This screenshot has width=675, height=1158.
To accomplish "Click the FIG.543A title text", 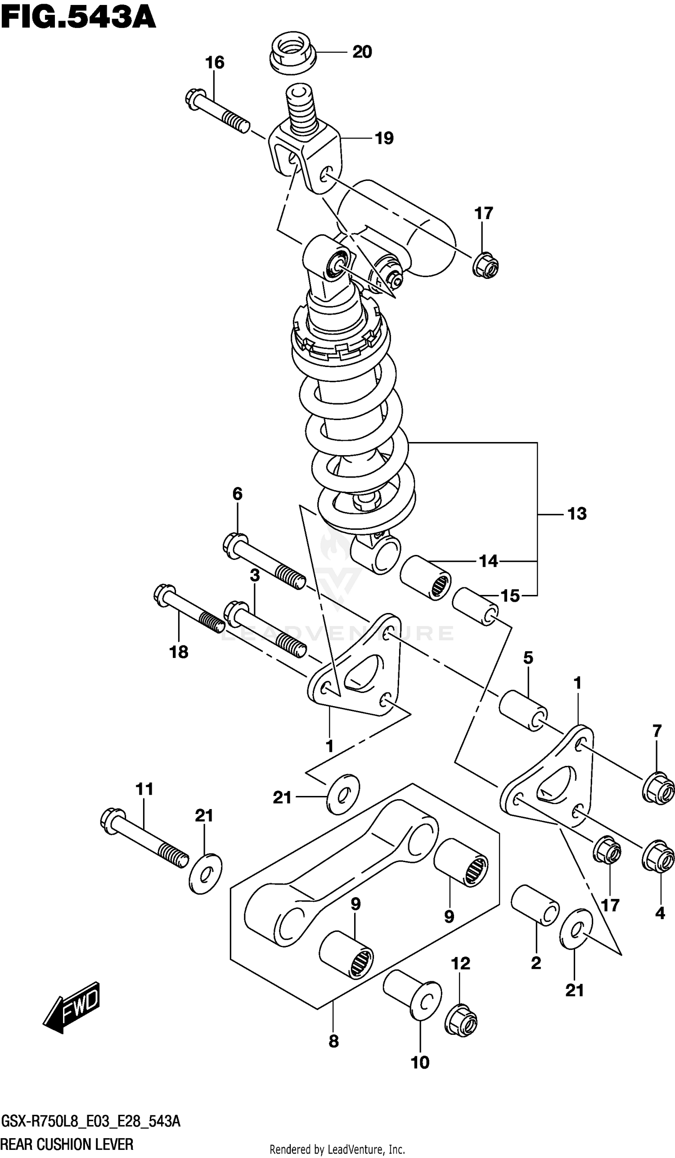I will pos(78,18).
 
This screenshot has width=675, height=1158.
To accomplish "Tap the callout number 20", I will pos(362,52).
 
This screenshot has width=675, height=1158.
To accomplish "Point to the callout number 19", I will pos(384,139).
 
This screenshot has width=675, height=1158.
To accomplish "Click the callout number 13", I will pos(576,514).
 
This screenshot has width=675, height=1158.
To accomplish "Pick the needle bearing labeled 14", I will pos(425,577).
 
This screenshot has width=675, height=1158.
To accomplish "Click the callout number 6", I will pos(237,494).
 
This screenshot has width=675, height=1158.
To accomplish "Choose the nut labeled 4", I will pos(658,855).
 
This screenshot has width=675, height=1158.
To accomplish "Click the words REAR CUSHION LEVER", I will pos(67,1144).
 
